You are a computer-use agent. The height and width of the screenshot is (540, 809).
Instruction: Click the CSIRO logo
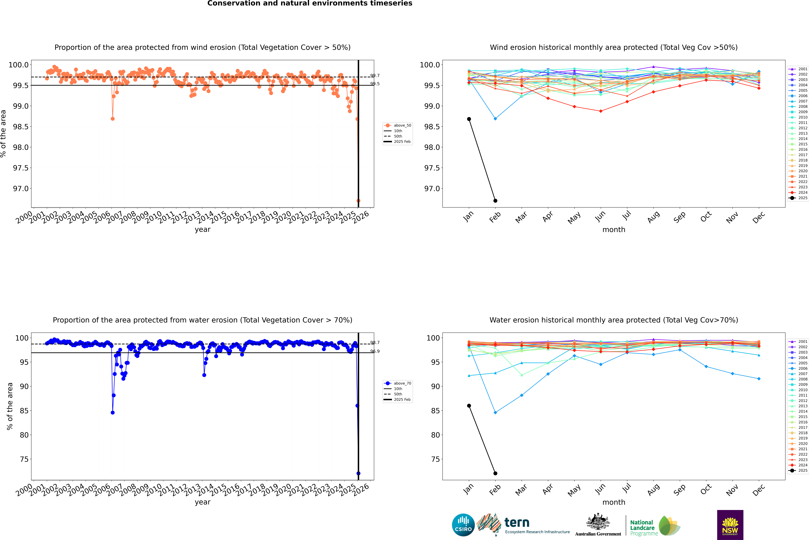pos(463,525)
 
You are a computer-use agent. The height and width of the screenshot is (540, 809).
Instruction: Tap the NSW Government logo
pos(730,525)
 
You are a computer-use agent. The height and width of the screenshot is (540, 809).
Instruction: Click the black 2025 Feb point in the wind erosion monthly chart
pos(495,201)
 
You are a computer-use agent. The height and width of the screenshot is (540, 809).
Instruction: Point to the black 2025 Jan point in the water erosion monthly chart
pos(469,406)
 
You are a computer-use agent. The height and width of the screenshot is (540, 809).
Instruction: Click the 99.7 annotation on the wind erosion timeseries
pos(375,75)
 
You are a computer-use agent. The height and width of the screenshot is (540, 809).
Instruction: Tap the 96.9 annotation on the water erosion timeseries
pos(375,351)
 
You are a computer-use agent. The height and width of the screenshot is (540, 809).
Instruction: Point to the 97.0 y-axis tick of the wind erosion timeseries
pos(21,189)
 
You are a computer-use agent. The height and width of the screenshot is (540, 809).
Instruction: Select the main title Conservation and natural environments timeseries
pos(310,3)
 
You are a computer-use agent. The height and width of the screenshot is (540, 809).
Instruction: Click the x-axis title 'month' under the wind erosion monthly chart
pos(613,230)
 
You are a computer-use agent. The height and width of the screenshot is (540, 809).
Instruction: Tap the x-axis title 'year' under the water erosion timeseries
pos(202,502)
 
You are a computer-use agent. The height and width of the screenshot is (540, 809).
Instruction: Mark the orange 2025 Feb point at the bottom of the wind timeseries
pos(358,201)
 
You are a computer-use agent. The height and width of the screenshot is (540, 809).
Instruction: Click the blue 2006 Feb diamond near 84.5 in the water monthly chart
pos(495,413)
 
